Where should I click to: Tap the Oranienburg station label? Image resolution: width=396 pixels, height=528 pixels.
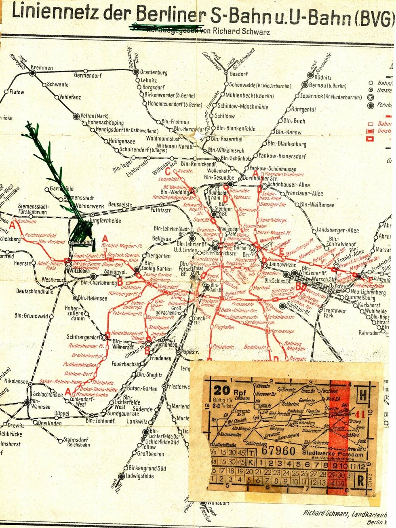(154, 73)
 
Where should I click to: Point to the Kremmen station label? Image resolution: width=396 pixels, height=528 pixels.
(42, 68)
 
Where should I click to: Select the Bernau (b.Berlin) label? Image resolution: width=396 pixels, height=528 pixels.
(328, 86)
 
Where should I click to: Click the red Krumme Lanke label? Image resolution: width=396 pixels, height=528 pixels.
(92, 394)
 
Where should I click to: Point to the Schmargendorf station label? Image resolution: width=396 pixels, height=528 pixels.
(83, 337)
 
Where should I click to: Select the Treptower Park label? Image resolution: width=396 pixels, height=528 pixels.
(335, 313)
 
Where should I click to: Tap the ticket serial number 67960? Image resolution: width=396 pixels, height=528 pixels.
(278, 451)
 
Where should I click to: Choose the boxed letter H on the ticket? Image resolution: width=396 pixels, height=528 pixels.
(362, 395)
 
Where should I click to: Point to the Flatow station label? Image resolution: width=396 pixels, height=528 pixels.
(17, 92)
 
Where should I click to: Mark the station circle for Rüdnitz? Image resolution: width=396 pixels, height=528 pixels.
(310, 75)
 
